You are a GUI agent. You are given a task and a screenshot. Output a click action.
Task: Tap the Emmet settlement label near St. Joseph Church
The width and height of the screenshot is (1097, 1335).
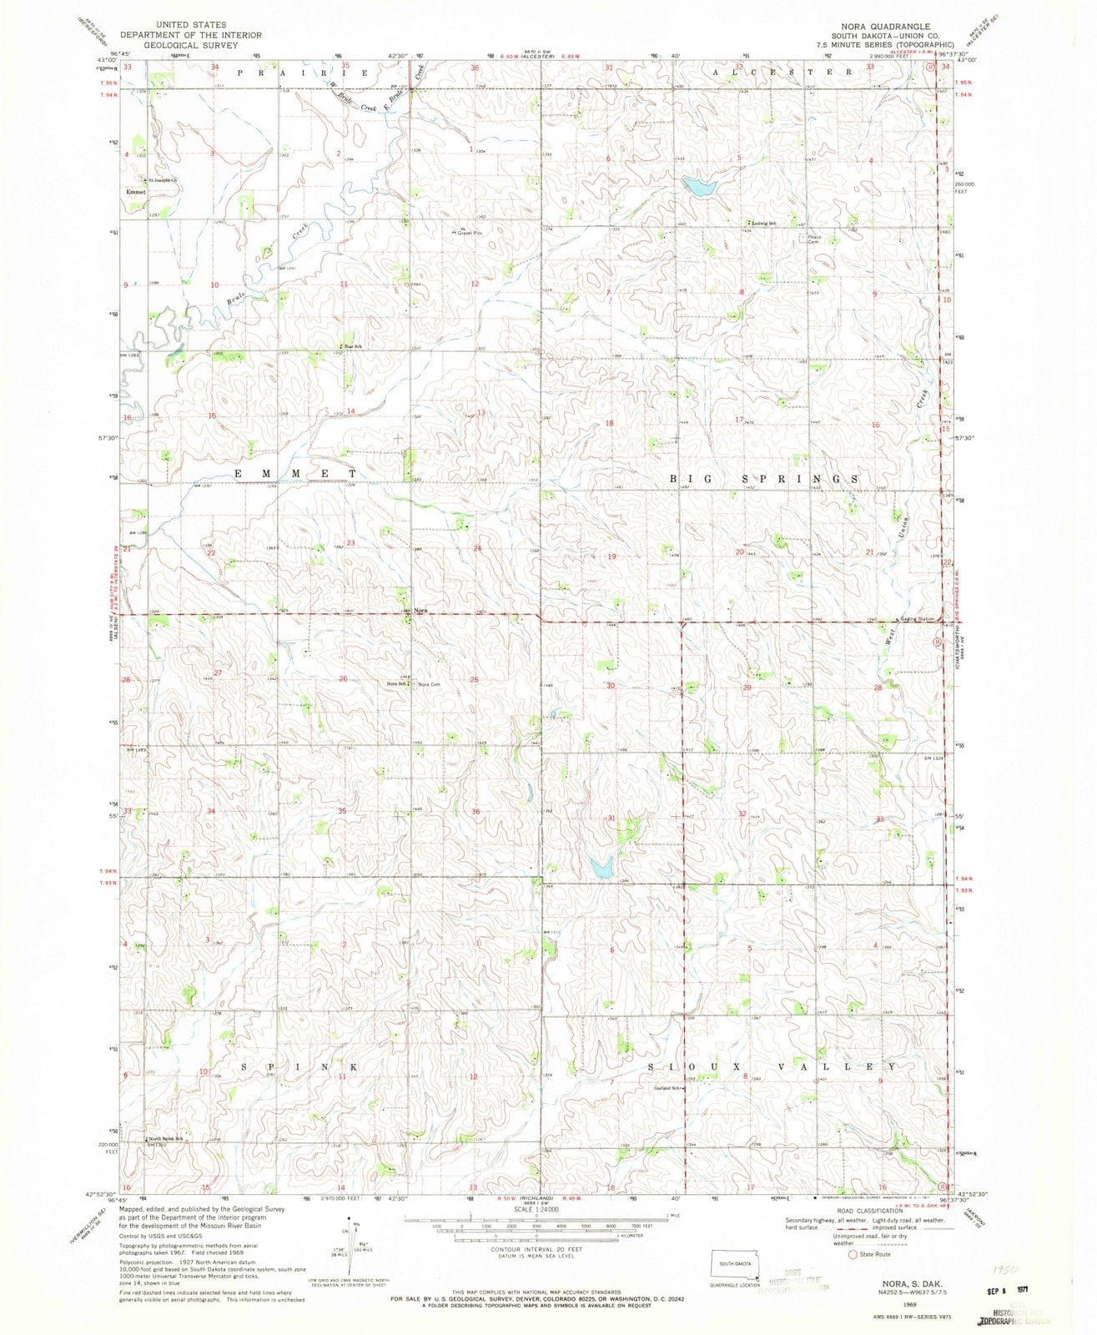135,192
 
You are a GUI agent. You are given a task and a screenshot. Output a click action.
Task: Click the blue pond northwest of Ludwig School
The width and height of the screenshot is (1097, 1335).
698,186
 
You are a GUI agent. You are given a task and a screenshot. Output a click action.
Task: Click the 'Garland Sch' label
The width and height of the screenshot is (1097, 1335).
668,1088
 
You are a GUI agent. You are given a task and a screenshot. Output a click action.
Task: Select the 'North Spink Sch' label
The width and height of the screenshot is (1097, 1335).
167,1139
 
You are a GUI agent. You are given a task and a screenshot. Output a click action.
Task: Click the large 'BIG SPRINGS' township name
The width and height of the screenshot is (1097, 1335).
765,480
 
